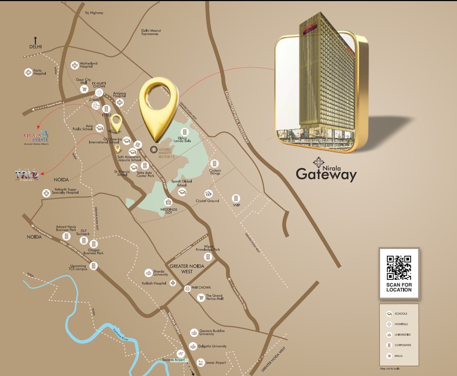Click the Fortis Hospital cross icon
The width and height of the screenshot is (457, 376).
pos(28,72)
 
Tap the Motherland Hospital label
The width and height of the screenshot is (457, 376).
pos(88,65)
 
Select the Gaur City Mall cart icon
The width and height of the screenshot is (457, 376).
pos(84,89)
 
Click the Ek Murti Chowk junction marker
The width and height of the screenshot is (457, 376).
pos(99,92)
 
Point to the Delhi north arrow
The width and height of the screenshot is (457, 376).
pos(35,41)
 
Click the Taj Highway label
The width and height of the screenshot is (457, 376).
pos(94,13)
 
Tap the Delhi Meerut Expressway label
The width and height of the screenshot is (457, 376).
pos(151,32)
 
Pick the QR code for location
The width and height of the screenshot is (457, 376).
pos(399,268)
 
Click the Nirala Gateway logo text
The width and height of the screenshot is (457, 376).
pos(326,172)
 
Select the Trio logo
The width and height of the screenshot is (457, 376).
pos(27,175)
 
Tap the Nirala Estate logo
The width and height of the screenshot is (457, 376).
pos(36,137)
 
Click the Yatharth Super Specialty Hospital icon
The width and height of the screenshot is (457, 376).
pos(46,193)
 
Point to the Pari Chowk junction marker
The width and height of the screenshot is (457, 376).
pos(187,288)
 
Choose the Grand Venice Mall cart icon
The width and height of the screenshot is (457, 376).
pos(201,297)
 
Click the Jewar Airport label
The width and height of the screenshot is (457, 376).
pos(216,363)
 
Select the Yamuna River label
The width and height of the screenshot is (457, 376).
pos(121,334)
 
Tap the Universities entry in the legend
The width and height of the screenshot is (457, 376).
pos(402,335)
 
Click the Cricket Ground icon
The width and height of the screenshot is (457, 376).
pos(208,194)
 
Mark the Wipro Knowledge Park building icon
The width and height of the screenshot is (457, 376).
pos(208,257)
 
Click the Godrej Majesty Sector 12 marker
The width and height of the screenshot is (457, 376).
pos(154,149)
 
